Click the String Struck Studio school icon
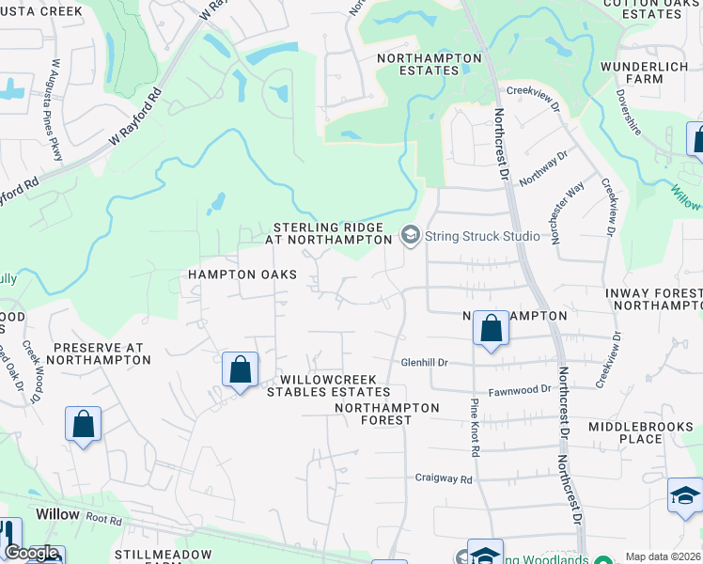[410, 236]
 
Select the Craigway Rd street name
[444, 478]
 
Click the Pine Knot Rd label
[476, 427]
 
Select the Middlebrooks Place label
[638, 432]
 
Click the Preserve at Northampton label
[97, 353]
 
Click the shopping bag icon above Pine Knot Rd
[490, 329]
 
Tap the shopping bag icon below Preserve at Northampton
[83, 423]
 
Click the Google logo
[32, 554]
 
